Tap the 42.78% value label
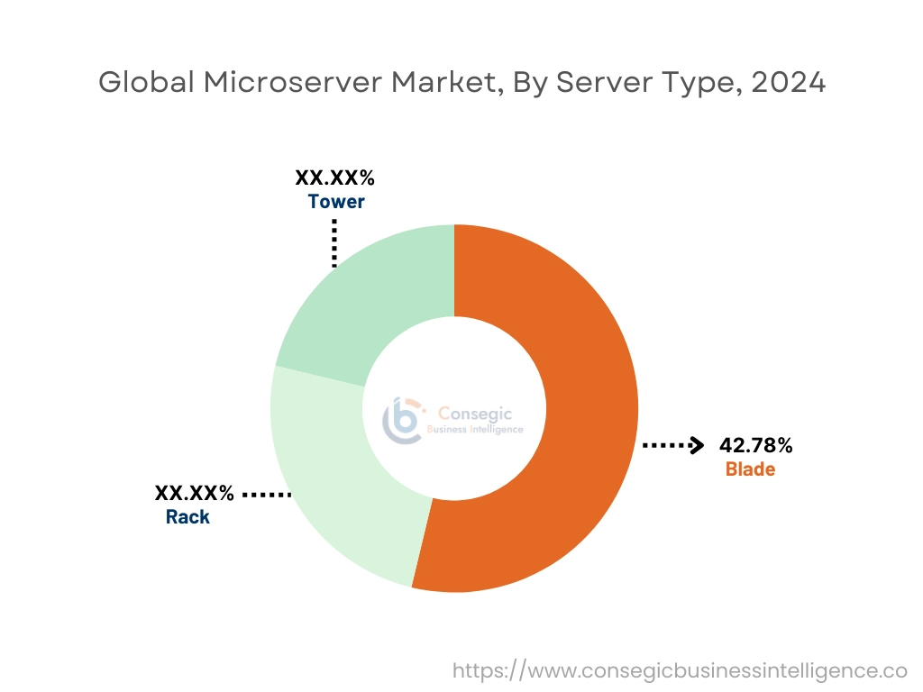pyautogui.click(x=756, y=445)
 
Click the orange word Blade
pyautogui.click(x=750, y=469)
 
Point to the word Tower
pyautogui.click(x=336, y=201)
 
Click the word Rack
pyautogui.click(x=187, y=517)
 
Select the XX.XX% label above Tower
pyautogui.click(x=335, y=178)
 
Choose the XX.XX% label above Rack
pyautogui.click(x=194, y=493)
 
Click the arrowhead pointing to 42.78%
pyautogui.click(x=696, y=445)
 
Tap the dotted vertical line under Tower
pyautogui.click(x=334, y=243)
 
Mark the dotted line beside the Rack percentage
pyautogui.click(x=267, y=495)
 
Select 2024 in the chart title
pyautogui.click(x=787, y=82)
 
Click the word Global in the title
pyautogui.click(x=146, y=82)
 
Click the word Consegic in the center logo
pyautogui.click(x=474, y=414)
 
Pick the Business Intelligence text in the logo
pyautogui.click(x=474, y=430)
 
